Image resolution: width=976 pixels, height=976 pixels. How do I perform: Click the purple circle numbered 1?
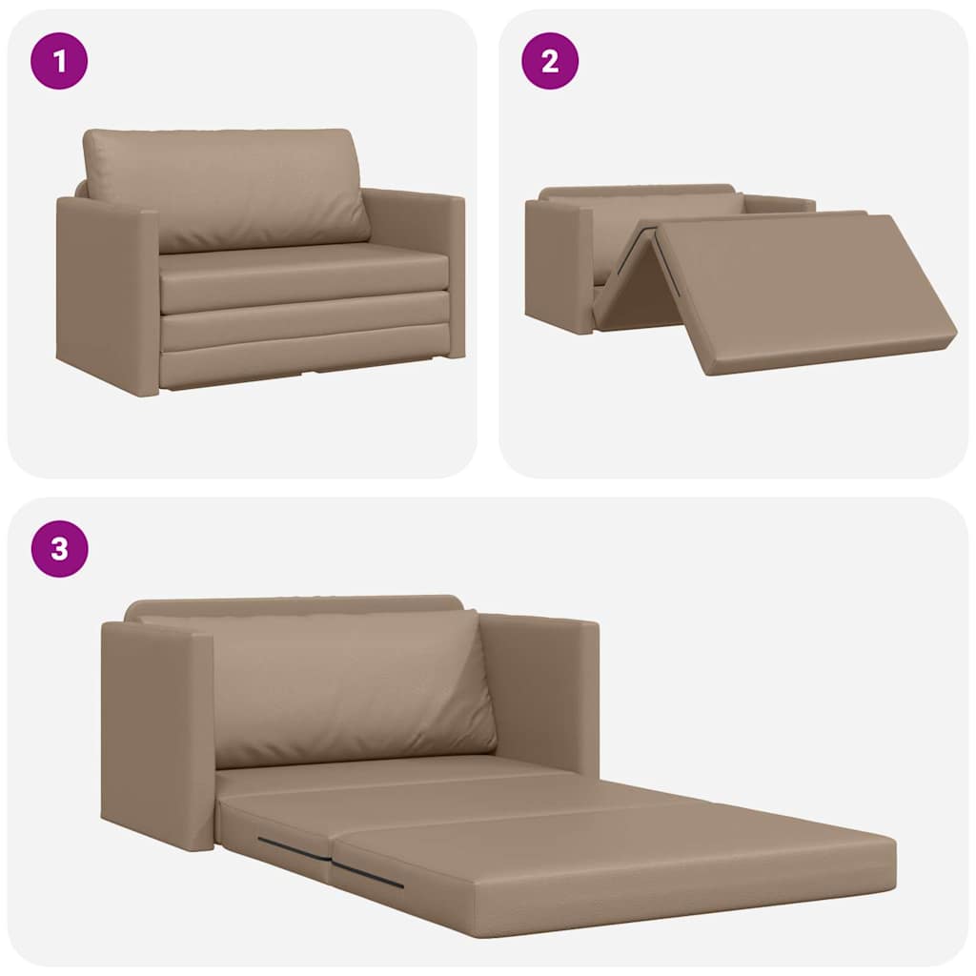59,61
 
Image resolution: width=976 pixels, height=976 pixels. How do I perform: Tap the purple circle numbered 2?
549,61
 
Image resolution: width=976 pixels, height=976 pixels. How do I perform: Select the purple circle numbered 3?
59,549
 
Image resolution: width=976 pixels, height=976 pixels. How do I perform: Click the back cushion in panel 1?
227,186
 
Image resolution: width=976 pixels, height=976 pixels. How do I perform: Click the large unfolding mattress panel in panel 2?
801,286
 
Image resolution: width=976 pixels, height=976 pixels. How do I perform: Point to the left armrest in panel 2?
558,262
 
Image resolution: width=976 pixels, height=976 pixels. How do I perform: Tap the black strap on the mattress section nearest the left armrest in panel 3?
291,846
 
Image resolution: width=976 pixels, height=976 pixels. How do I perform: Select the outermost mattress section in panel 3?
620,858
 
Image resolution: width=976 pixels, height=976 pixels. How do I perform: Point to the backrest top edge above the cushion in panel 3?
295,605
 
